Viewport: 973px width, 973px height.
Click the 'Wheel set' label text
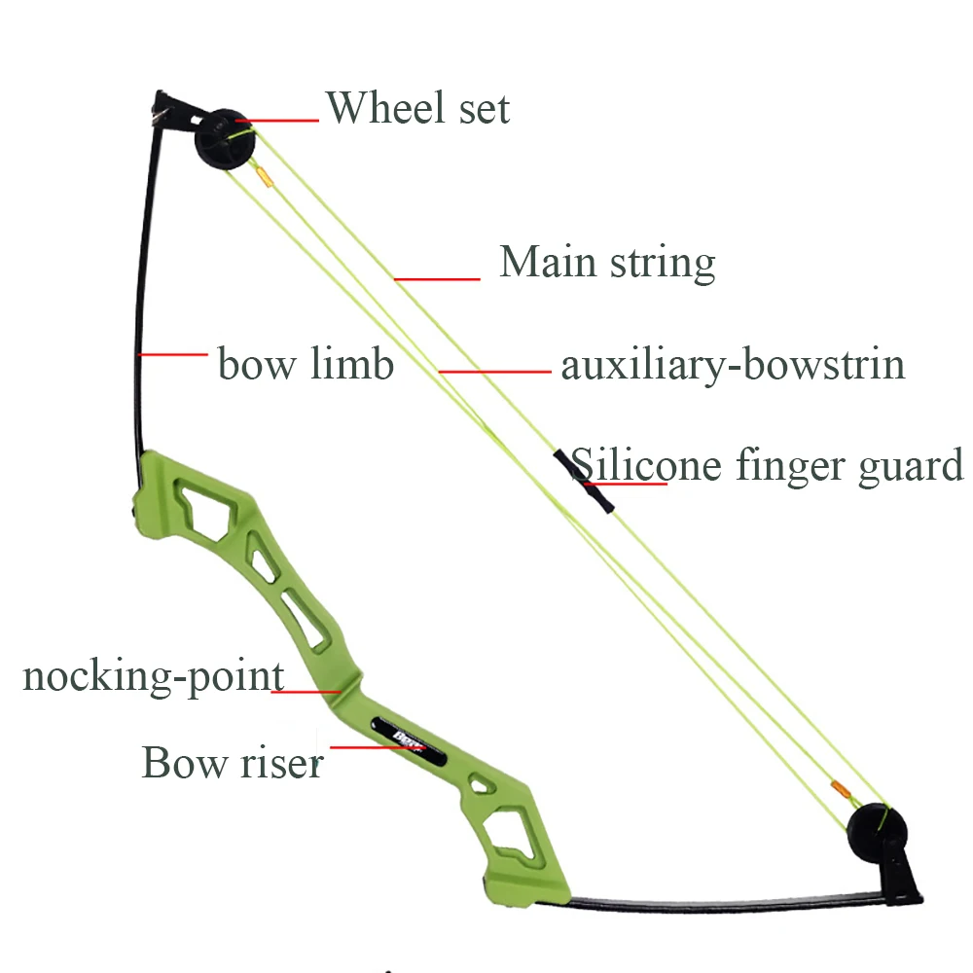click(417, 107)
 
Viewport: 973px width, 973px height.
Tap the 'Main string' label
click(607, 263)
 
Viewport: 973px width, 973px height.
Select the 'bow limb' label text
click(306, 364)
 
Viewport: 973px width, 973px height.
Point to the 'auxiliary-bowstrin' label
click(733, 364)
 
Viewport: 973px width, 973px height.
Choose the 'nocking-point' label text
click(153, 676)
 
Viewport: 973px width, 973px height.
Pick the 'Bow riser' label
click(232, 762)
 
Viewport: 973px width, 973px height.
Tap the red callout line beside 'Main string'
click(438, 279)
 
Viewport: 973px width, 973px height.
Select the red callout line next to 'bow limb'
click(173, 354)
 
